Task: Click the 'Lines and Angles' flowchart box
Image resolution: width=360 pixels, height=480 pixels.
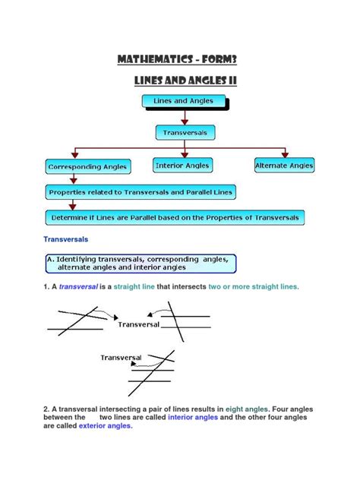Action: click(182, 100)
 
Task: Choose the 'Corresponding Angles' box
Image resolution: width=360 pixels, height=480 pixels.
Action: click(87, 166)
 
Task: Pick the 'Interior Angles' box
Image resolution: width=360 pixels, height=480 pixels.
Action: click(182, 165)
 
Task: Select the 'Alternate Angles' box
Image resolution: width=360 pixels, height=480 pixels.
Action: click(284, 165)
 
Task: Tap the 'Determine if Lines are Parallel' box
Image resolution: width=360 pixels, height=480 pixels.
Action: click(175, 217)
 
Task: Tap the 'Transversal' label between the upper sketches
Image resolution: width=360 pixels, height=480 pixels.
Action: click(138, 324)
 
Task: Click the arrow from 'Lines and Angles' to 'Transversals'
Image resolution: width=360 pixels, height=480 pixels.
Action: click(183, 116)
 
